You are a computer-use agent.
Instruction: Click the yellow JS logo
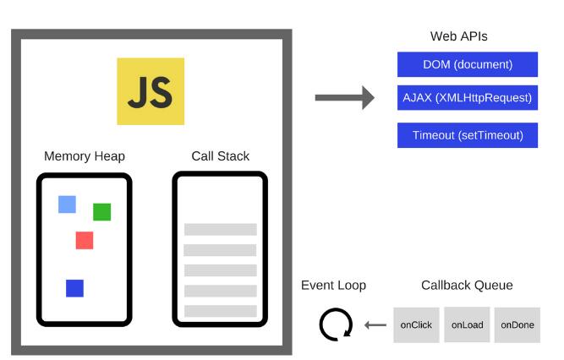(151, 91)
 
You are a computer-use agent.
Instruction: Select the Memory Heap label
(85, 156)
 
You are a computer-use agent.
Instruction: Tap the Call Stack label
(220, 156)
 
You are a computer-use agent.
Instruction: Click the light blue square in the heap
(67, 205)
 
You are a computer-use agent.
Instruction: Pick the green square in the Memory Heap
(101, 212)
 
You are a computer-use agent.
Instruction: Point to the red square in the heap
(84, 240)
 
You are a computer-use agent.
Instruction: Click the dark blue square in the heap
(74, 288)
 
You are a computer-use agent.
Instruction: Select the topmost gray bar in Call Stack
(220, 230)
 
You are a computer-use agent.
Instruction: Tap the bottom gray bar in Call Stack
(220, 311)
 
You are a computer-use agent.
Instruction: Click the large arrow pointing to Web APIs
(344, 97)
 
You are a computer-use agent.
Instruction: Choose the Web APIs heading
(458, 36)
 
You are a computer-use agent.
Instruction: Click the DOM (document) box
(468, 64)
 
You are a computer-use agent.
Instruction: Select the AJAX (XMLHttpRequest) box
(468, 97)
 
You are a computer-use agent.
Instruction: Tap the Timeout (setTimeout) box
(468, 135)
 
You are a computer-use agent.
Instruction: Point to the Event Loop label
(333, 286)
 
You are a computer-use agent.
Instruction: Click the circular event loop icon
(335, 325)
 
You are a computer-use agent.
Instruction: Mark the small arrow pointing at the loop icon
(375, 325)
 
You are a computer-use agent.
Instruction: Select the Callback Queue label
(467, 286)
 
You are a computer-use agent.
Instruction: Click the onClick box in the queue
(416, 325)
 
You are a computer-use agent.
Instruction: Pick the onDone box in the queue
(517, 325)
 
